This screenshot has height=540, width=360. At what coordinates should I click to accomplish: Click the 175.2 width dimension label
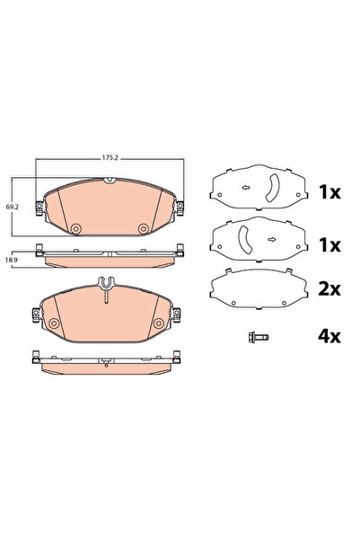click(x=110, y=158)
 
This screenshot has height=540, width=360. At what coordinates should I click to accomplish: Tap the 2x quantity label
click(x=329, y=289)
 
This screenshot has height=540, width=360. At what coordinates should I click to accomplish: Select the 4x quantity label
click(x=329, y=336)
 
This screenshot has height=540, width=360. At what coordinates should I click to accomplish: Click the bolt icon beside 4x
click(x=259, y=337)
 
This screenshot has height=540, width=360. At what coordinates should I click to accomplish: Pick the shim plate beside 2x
click(x=259, y=289)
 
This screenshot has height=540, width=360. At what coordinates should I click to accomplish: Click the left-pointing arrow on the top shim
click(x=246, y=188)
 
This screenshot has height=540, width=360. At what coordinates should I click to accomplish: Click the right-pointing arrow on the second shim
click(x=271, y=239)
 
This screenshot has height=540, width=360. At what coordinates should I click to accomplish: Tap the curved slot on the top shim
click(x=274, y=188)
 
